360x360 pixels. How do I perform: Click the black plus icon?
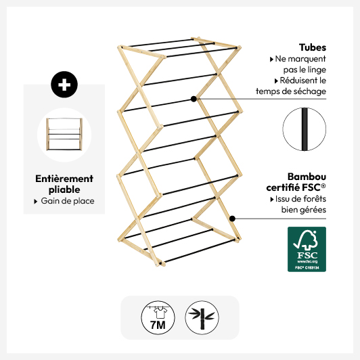[64, 85]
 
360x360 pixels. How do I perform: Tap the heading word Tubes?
[313, 47]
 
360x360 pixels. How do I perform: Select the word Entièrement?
[64, 179]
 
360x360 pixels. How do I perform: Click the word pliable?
[64, 190]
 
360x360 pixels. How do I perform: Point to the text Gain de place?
[68, 201]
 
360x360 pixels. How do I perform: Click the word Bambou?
[307, 177]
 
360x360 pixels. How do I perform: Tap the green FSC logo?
[307, 249]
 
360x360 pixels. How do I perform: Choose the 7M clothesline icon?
[158, 317]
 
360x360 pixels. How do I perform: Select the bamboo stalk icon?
[202, 317]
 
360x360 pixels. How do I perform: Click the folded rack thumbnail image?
[64, 135]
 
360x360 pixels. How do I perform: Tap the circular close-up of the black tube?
[305, 129]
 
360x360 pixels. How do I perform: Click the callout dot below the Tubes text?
[194, 99]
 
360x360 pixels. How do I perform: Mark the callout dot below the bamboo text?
[232, 219]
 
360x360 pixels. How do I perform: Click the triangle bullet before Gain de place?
[36, 202]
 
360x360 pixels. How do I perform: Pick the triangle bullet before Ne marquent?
[271, 60]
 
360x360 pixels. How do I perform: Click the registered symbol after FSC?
[323, 185]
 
